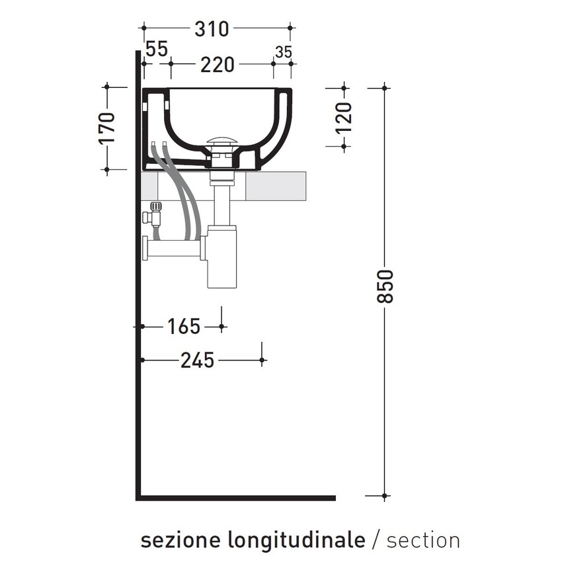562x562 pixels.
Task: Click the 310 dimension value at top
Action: (x=211, y=29)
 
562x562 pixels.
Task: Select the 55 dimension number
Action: (x=156, y=49)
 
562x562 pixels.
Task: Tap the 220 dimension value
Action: (x=218, y=65)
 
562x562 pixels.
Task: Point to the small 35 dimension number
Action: (x=283, y=52)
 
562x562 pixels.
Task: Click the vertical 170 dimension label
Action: (x=107, y=128)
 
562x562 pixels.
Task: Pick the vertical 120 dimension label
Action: (x=344, y=118)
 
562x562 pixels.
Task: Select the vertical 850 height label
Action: (x=386, y=286)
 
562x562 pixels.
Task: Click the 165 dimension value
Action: (x=183, y=327)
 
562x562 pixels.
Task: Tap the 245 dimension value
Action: (x=197, y=360)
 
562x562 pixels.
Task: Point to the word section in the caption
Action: (x=423, y=540)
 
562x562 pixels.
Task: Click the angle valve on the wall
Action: (x=154, y=213)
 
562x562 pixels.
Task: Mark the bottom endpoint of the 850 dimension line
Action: (x=385, y=496)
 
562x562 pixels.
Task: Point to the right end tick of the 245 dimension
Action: (x=262, y=360)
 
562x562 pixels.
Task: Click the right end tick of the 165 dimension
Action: (x=222, y=326)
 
